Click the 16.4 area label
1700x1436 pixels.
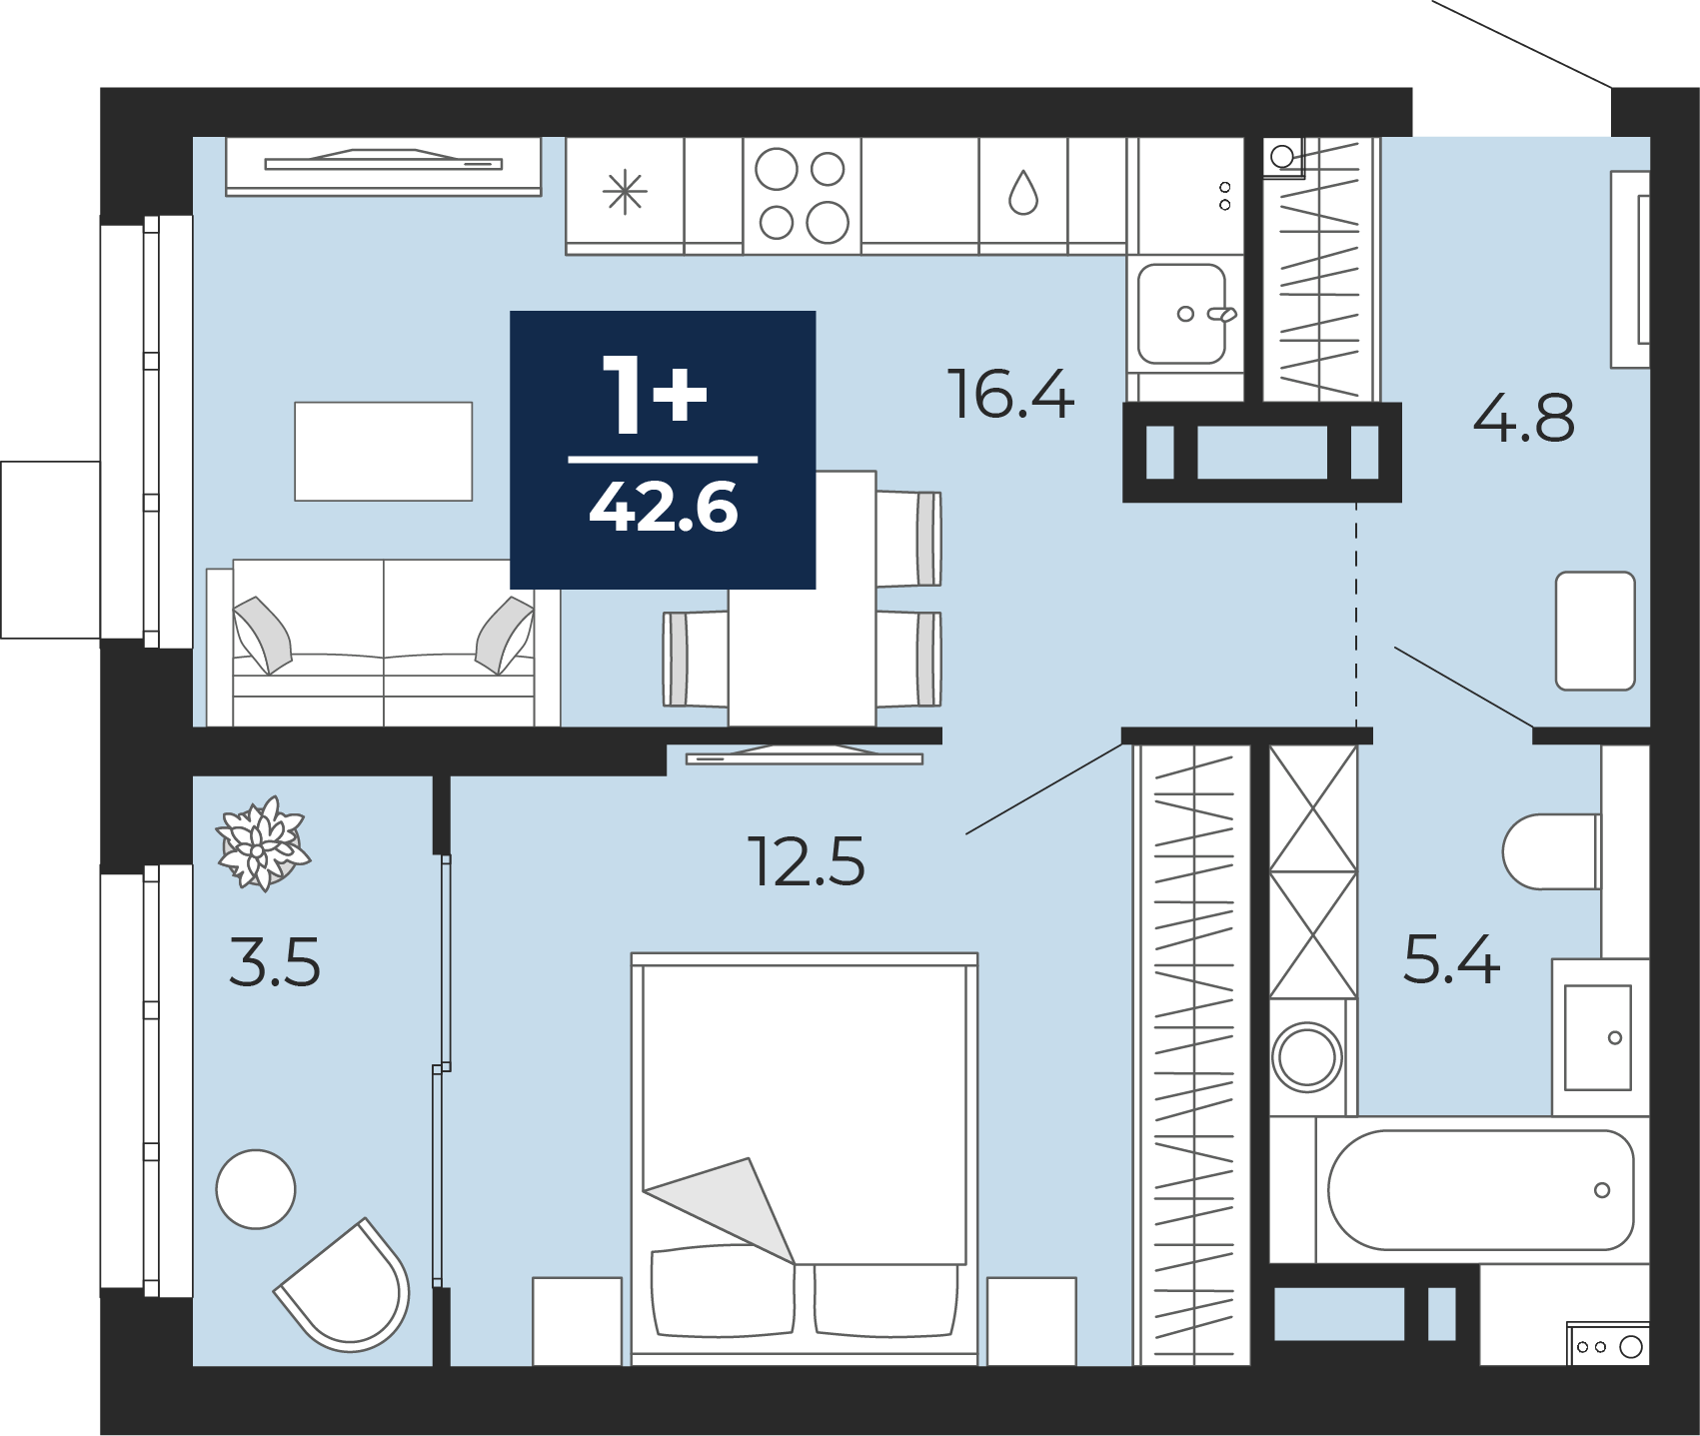click(x=1010, y=394)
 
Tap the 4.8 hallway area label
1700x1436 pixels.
click(x=1524, y=418)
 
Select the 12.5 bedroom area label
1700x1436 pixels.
click(x=806, y=861)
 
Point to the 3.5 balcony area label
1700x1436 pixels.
click(x=275, y=962)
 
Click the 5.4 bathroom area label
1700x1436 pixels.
click(x=1451, y=959)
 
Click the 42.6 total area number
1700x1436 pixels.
click(x=664, y=507)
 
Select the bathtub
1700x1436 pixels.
click(x=1480, y=1190)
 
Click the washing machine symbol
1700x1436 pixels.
click(x=1307, y=1056)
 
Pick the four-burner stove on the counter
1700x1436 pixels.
click(x=802, y=195)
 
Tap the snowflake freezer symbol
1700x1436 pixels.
click(x=625, y=191)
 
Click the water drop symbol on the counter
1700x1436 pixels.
click(x=1023, y=192)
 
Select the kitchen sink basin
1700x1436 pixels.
click(x=1182, y=314)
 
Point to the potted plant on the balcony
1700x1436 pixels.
click(x=262, y=843)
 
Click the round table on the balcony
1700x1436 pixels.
click(x=256, y=1189)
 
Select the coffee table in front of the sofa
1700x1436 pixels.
click(x=383, y=451)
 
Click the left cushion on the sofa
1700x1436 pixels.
click(x=262, y=635)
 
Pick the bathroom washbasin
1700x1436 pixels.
click(x=1598, y=1037)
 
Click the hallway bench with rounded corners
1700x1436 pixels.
click(x=1595, y=631)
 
